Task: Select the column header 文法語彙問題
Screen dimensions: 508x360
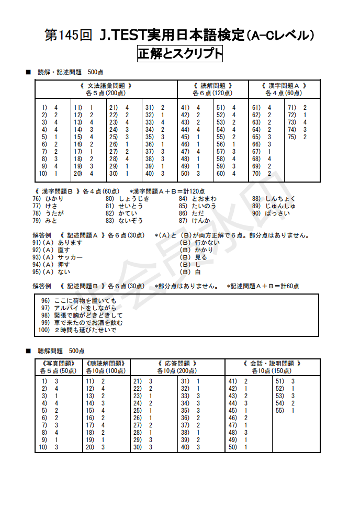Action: click(106, 85)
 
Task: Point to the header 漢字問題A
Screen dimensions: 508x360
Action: click(283, 85)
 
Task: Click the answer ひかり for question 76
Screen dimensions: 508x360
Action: click(54, 199)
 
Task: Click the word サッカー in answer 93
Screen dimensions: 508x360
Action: click(70, 257)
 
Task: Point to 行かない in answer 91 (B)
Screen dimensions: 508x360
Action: click(201, 243)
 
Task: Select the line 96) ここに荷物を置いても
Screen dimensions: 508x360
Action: click(78, 301)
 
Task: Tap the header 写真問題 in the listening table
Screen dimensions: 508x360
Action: click(58, 363)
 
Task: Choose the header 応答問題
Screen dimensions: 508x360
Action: click(177, 363)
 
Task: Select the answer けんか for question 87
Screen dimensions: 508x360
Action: click(200, 221)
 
